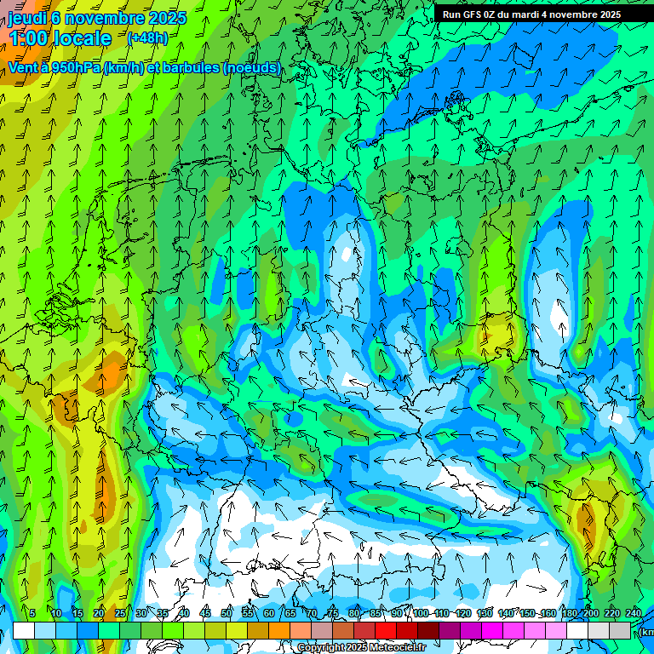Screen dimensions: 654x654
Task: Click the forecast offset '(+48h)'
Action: (x=147, y=38)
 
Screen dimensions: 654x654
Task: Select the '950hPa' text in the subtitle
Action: (x=77, y=67)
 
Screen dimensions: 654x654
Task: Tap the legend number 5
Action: (x=32, y=614)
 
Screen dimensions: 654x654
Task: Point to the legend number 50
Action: (x=226, y=614)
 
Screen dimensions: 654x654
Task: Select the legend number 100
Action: (x=421, y=614)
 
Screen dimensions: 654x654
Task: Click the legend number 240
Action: (x=633, y=614)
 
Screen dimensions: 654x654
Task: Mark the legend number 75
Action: (x=332, y=614)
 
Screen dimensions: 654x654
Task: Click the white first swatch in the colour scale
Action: (x=24, y=630)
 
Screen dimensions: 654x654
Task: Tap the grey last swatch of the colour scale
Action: (x=620, y=630)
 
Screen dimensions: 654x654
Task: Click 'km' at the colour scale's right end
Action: (x=646, y=632)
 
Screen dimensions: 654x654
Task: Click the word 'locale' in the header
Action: (x=82, y=38)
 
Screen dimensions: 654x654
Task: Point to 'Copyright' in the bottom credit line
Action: (x=321, y=648)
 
